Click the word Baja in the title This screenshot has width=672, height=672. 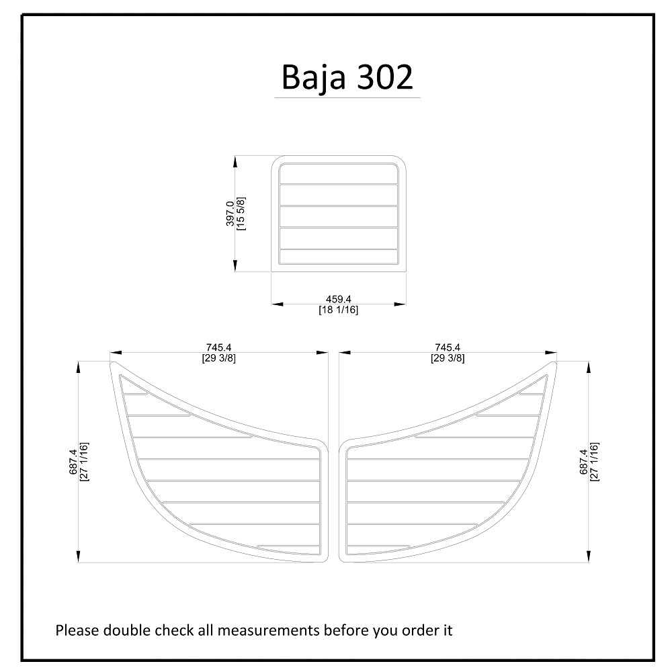pyautogui.click(x=313, y=77)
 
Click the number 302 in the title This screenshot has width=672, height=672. pyautogui.click(x=385, y=77)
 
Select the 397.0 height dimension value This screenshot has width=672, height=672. pyautogui.click(x=230, y=214)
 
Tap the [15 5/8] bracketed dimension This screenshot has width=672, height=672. pyautogui.click(x=241, y=214)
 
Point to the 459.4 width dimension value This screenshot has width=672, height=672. pyautogui.click(x=338, y=299)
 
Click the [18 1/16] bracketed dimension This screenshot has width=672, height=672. pyautogui.click(x=338, y=309)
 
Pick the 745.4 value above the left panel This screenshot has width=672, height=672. pyautogui.click(x=218, y=347)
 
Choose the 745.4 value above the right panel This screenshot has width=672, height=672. pyautogui.click(x=448, y=347)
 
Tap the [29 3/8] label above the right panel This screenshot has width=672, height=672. pyautogui.click(x=448, y=358)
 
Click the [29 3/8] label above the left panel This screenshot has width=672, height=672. pyautogui.click(x=218, y=358)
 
